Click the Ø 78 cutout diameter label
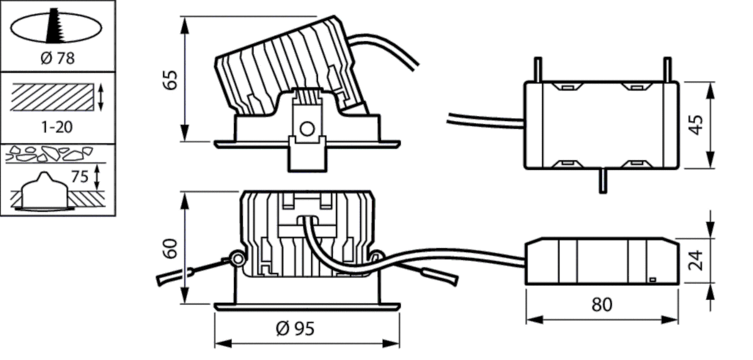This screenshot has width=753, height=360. [x=57, y=58]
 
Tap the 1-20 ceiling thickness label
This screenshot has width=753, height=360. [x=57, y=127]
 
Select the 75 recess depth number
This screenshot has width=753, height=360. [x=80, y=177]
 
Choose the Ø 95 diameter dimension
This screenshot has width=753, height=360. [x=295, y=328]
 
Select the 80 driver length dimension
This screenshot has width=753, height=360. [x=602, y=305]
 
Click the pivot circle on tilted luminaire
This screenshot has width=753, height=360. [x=306, y=129]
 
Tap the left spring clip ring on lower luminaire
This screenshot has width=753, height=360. [x=237, y=258]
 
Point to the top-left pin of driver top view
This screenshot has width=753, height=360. [x=537, y=70]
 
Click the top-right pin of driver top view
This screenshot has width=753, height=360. [x=667, y=70]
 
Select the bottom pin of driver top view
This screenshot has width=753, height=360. [x=602, y=181]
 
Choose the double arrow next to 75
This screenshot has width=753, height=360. [x=96, y=177]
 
